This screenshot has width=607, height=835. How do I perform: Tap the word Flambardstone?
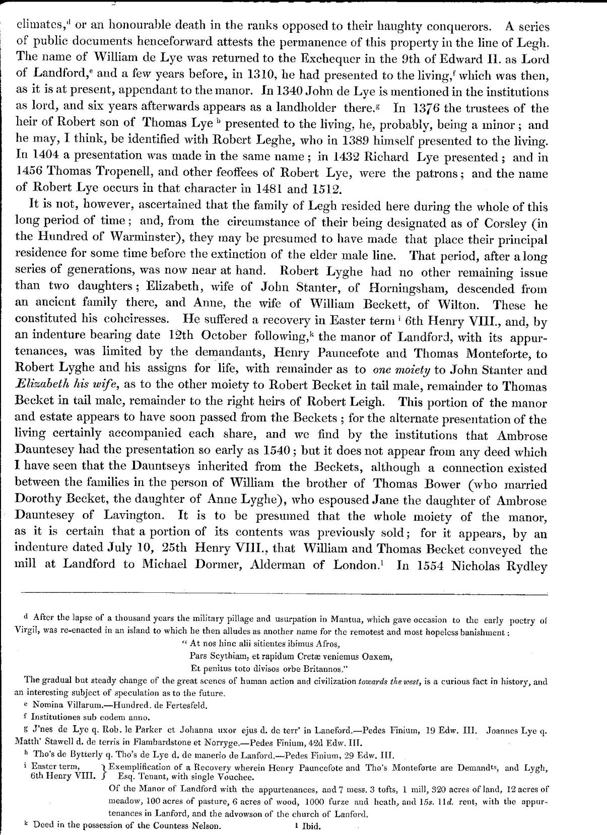pyautogui.click(x=162, y=743)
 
